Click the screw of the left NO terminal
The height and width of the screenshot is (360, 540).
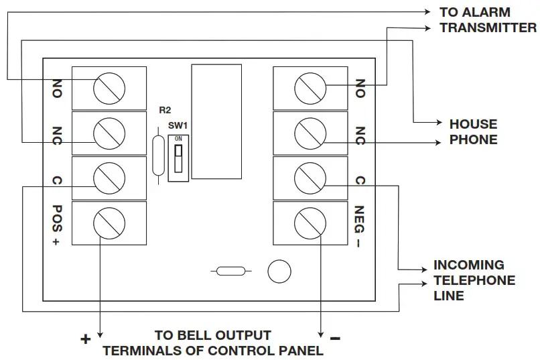click(x=109, y=87)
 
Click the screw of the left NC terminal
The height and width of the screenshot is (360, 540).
click(x=109, y=133)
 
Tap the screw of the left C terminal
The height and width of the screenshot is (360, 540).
click(x=109, y=178)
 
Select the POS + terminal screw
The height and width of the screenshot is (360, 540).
click(x=109, y=223)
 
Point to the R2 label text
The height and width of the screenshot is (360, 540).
click(x=165, y=110)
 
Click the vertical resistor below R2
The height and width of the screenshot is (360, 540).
click(x=158, y=156)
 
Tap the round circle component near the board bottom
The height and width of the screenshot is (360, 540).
click(x=279, y=272)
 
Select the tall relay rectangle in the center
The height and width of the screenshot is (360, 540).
click(x=212, y=122)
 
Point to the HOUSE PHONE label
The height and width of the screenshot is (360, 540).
click(x=473, y=132)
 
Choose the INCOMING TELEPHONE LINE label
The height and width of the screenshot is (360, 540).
click(x=474, y=280)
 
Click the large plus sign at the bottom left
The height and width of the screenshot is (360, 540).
click(x=85, y=339)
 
